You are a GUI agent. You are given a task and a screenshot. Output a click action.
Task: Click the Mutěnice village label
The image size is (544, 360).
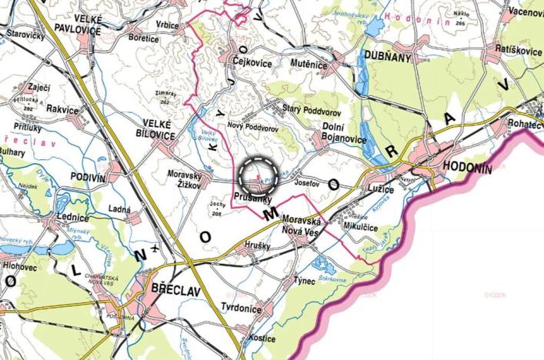[x=309, y=65]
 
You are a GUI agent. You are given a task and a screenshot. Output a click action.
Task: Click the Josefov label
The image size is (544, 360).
[x=305, y=184]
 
